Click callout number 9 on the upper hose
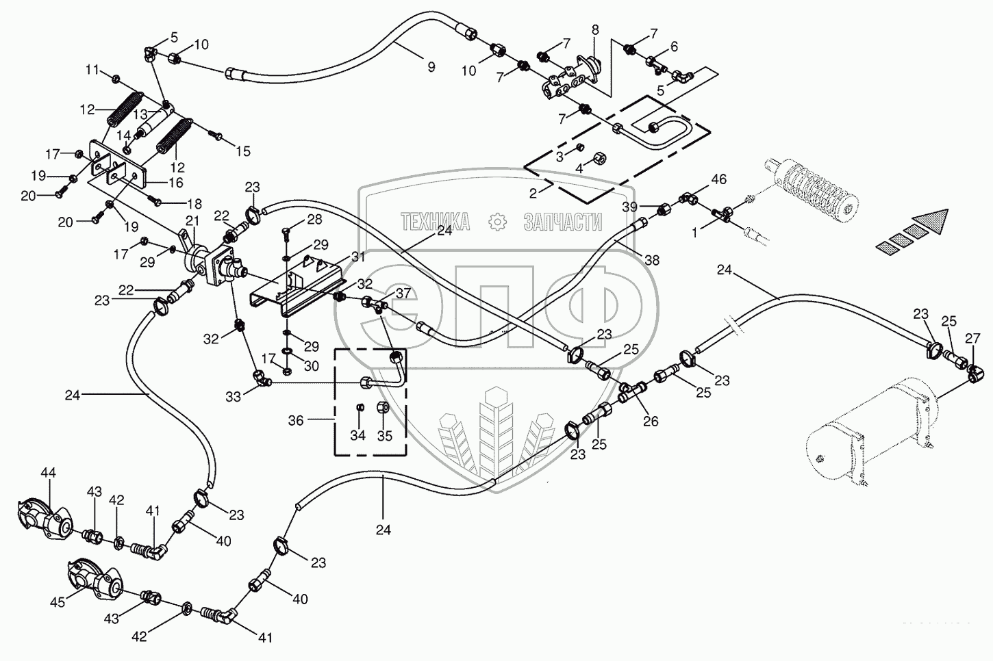pyautogui.click(x=431, y=66)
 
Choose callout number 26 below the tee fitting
pyautogui.click(x=650, y=422)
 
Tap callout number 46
pyautogui.click(x=718, y=180)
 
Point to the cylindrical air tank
pyautogui.click(x=863, y=438)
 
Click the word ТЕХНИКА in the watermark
pyautogui.click(x=435, y=221)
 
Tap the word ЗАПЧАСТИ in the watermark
pyautogui.click(x=562, y=221)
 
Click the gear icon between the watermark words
pyautogui.click(x=497, y=221)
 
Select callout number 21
pyautogui.click(x=192, y=220)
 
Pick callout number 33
pyautogui.click(x=234, y=396)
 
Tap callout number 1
pyautogui.click(x=695, y=233)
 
